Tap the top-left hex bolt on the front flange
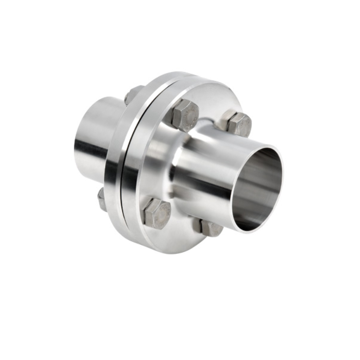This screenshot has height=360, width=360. (x=185, y=116)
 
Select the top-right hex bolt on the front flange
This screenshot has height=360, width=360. (x=239, y=124)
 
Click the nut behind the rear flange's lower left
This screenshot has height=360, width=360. (x=102, y=199)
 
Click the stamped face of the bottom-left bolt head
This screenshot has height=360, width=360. (x=158, y=215)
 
